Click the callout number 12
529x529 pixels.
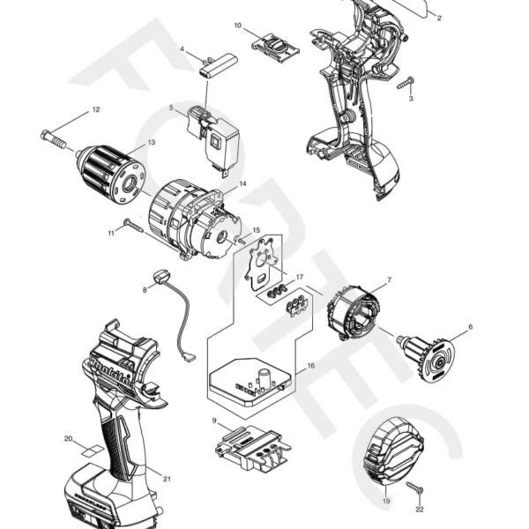point(95,110)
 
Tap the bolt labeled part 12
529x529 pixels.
point(53,138)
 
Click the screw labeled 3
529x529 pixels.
point(405,85)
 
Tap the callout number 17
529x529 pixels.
point(299,277)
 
